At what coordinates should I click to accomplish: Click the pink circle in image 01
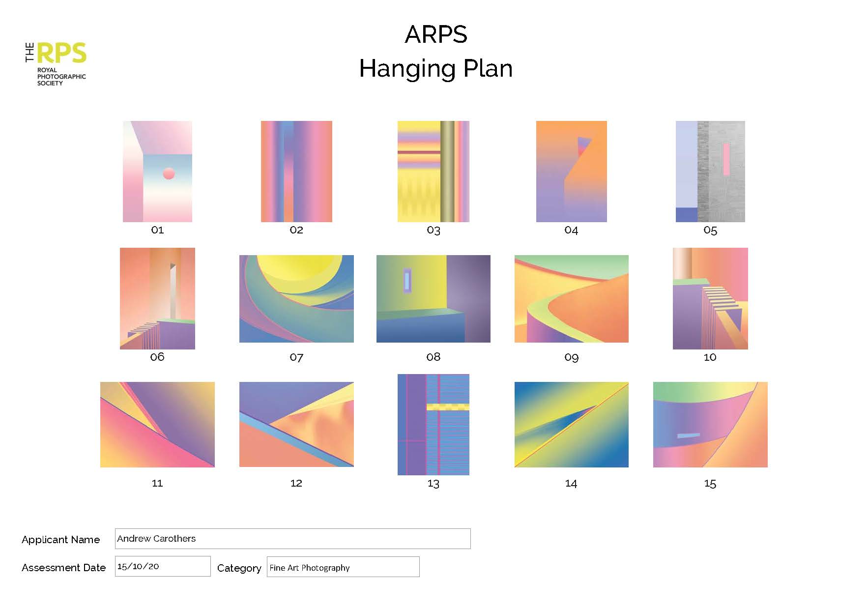169,174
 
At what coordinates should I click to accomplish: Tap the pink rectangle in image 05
726,159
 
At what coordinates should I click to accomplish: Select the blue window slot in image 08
407,281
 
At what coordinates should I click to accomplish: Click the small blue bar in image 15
688,436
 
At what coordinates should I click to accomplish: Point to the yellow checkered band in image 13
448,407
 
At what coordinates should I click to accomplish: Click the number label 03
434,230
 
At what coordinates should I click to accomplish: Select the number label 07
296,357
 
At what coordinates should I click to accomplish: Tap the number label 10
710,357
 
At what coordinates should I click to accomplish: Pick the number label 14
571,484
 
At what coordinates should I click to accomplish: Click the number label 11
157,483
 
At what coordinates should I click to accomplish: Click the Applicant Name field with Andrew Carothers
292,539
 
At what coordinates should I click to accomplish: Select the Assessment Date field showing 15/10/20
163,566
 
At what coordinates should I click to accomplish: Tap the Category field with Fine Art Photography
343,567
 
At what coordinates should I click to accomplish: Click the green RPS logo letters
62,53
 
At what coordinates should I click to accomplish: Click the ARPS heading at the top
436,34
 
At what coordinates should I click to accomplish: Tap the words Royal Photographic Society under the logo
61,77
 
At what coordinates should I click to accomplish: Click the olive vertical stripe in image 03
447,172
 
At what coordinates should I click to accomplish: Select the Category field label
239,568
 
